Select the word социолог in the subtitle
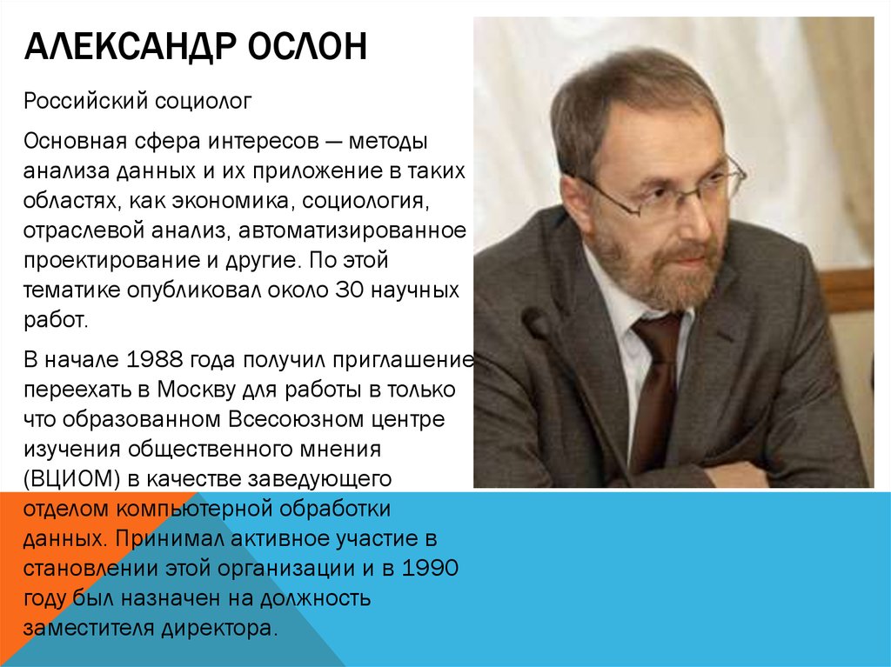click(x=204, y=103)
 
